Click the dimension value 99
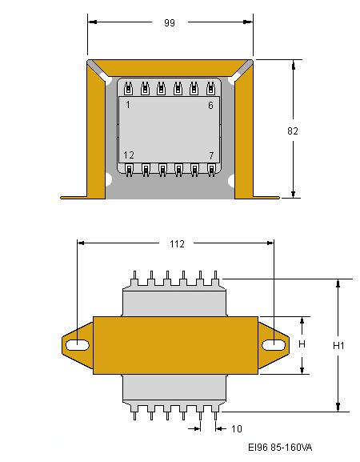point(170,22)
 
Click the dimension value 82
point(293,131)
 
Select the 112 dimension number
point(177,244)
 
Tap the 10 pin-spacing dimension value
point(236,428)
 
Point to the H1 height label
point(338,345)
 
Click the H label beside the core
point(302,343)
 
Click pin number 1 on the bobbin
point(128,105)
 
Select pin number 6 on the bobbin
point(210,105)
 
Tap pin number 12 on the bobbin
point(129,155)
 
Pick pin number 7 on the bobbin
point(211,155)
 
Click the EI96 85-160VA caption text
point(280,448)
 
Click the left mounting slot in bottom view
point(78,345)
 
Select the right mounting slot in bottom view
point(274,345)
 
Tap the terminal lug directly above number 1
point(128,88)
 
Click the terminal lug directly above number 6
point(210,88)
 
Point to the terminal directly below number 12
point(129,170)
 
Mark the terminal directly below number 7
point(211,170)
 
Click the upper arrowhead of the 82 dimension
point(293,65)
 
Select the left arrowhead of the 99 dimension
point(93,22)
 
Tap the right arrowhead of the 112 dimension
point(270,243)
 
